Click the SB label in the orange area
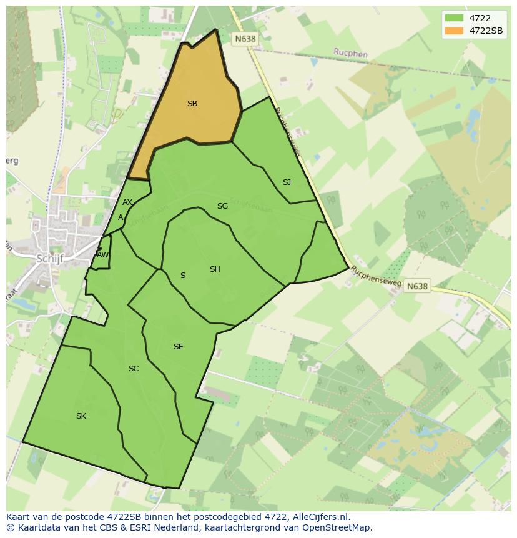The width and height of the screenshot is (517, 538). click(x=192, y=104)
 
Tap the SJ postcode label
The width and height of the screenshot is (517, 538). click(x=287, y=182)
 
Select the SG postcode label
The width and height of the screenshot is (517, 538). click(x=222, y=206)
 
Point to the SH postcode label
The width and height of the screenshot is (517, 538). click(x=215, y=269)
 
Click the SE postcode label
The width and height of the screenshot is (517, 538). click(x=179, y=347)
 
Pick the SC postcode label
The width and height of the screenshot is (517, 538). click(x=134, y=369)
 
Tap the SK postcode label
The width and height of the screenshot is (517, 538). click(x=81, y=416)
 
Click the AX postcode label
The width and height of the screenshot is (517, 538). click(x=127, y=202)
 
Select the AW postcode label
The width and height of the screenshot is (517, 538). click(x=102, y=255)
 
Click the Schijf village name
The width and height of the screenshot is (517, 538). click(x=50, y=258)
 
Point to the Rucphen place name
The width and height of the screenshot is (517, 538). click(x=350, y=54)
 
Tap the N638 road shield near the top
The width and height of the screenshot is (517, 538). click(x=245, y=39)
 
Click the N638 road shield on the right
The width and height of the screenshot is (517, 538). click(x=417, y=286)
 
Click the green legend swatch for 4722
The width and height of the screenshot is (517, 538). click(x=453, y=17)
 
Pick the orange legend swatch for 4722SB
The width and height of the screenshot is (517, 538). click(x=453, y=30)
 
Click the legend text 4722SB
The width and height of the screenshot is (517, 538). click(x=486, y=30)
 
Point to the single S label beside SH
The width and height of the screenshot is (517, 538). click(x=183, y=276)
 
